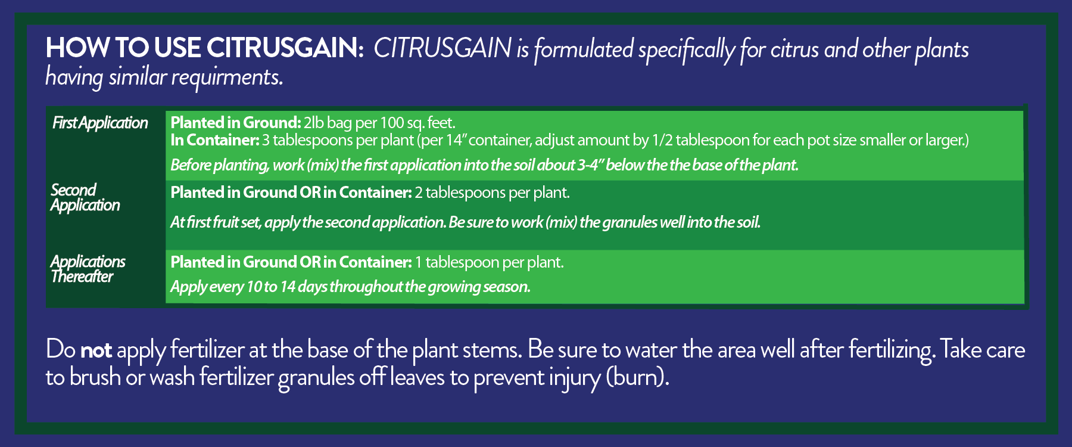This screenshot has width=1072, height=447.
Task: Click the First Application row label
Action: pyautogui.click(x=100, y=123)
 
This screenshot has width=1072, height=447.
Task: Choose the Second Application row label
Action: pyautogui.click(x=85, y=197)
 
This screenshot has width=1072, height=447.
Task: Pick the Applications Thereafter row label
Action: pyautogui.click(x=88, y=269)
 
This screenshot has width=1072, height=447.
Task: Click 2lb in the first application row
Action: pyautogui.click(x=313, y=123)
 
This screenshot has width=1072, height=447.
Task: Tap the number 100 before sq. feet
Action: pyautogui.click(x=391, y=123)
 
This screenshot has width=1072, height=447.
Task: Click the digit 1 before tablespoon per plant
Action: pyautogui.click(x=419, y=262)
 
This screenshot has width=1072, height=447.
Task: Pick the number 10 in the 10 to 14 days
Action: pyautogui.click(x=254, y=287)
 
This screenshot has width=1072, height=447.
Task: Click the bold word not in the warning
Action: pyautogui.click(x=96, y=350)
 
